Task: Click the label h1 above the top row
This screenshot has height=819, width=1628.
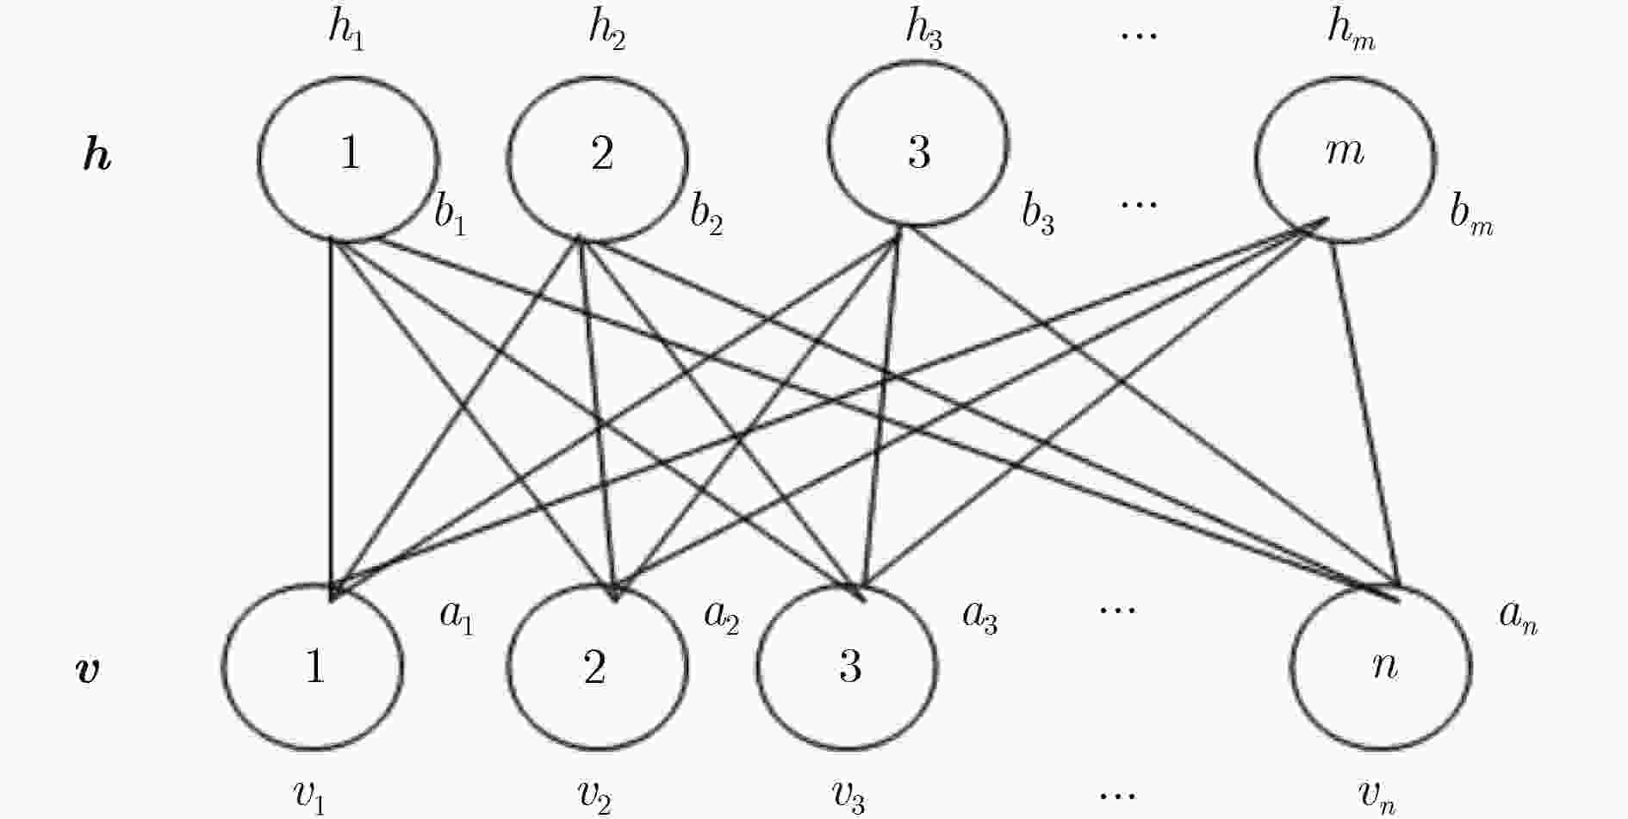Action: tap(346, 32)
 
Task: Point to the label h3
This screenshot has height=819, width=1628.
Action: tap(923, 32)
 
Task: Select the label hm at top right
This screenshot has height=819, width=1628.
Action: tap(1351, 32)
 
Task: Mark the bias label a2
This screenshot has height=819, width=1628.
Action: tap(722, 616)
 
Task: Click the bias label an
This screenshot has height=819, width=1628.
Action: tap(1519, 616)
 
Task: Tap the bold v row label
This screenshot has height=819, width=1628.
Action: tap(89, 669)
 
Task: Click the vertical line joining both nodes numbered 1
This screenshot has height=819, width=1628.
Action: tap(332, 419)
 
